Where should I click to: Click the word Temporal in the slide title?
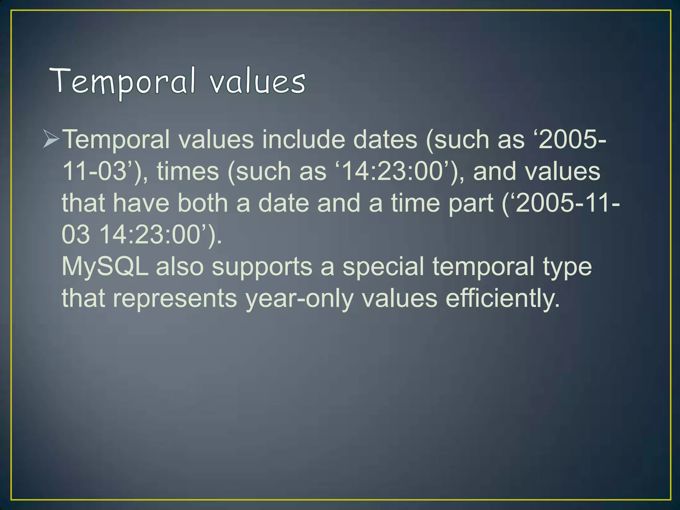(123, 82)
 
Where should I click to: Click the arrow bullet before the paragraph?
(51, 139)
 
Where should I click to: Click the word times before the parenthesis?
(188, 171)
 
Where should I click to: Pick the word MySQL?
(105, 267)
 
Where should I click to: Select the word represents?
(175, 298)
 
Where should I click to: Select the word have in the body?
(141, 203)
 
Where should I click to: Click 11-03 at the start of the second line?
(95, 171)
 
